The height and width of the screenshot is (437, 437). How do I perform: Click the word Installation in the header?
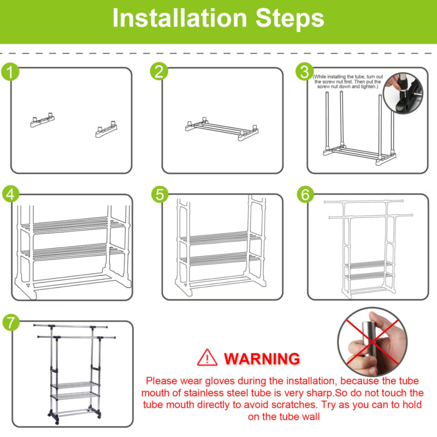[180, 18]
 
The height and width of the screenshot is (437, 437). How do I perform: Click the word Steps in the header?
[290, 18]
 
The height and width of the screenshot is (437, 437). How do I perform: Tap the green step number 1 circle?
[10, 72]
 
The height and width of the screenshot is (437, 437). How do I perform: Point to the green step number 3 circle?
[305, 72]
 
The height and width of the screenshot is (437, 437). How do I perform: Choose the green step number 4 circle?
[10, 194]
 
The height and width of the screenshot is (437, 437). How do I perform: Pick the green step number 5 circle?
[160, 194]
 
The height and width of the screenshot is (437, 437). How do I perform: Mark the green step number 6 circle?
[305, 194]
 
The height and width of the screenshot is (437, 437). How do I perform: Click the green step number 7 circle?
[11, 322]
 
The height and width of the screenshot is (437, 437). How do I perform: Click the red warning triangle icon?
[207, 358]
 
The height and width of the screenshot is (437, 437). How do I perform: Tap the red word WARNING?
[262, 359]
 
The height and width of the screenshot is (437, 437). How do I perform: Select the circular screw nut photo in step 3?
[403, 93]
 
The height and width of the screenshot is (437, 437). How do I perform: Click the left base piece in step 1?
[43, 120]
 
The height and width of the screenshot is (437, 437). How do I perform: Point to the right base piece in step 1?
[106, 129]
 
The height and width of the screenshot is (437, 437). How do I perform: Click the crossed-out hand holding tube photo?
[373, 342]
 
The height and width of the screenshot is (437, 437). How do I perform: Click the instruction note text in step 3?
[348, 81]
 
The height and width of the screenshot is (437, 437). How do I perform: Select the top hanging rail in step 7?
[70, 326]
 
